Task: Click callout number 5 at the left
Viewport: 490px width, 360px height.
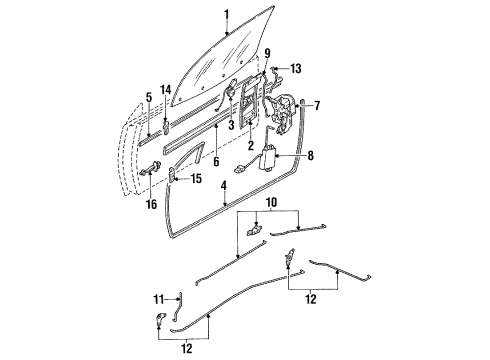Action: coord(147,97)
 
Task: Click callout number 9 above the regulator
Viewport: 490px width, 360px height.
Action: coord(268,52)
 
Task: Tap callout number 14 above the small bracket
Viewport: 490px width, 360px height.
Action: coord(166,90)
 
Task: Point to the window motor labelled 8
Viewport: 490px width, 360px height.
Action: coord(269,157)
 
